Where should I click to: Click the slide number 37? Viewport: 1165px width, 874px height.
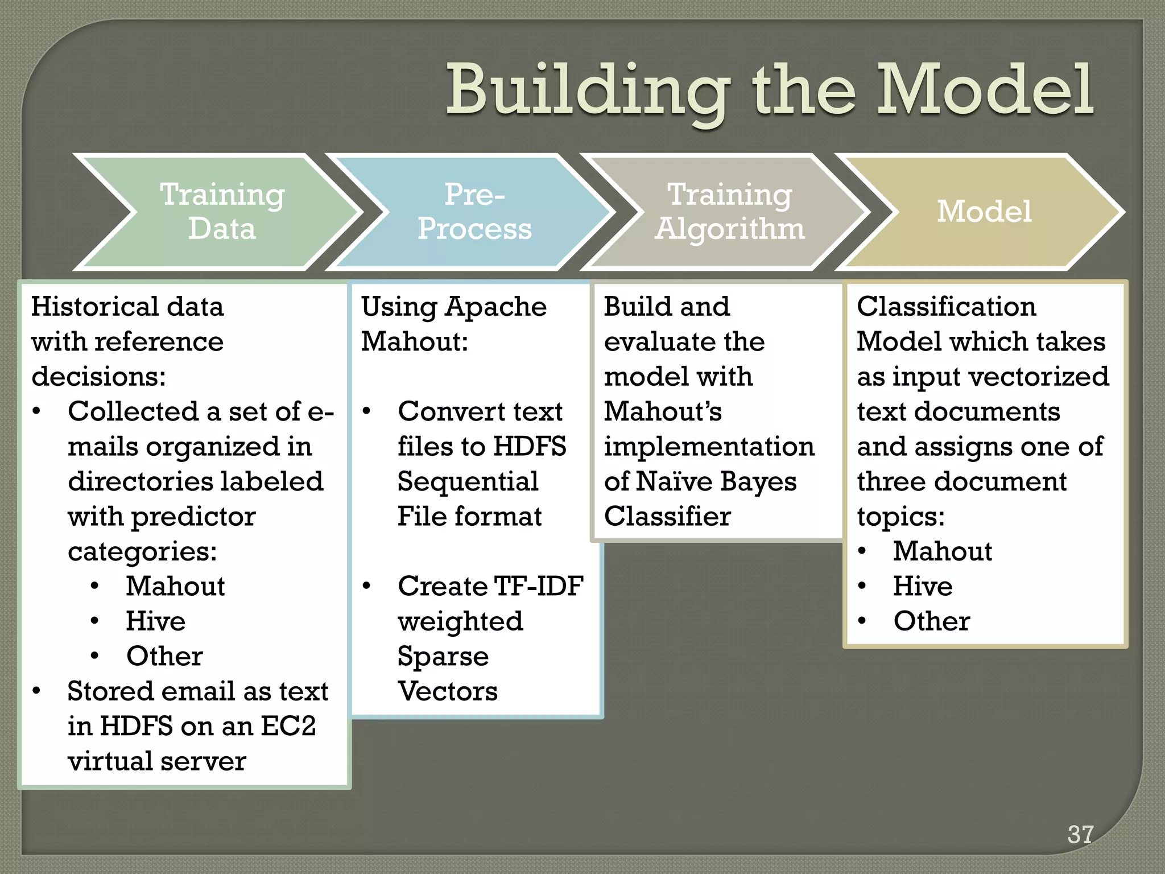coord(1080,834)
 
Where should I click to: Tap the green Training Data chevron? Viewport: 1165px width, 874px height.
coord(222,212)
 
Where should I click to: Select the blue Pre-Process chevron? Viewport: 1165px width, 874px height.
coord(474,212)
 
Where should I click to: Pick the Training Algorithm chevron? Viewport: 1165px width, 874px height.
coord(729,212)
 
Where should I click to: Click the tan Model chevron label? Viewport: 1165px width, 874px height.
coord(984,212)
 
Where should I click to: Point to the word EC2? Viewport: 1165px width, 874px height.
coord(288,726)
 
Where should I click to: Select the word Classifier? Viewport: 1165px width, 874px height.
coord(667,517)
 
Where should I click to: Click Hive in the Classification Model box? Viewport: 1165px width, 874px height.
coord(923,586)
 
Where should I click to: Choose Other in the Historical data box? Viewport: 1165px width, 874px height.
coord(164,656)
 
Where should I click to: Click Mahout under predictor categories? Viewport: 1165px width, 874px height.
coord(175,586)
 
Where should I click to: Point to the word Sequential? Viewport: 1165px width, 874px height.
coord(468,481)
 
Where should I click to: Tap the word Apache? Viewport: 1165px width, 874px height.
coord(496,307)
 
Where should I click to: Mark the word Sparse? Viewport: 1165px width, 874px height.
coord(443,656)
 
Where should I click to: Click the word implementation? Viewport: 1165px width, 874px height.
coord(709,447)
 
